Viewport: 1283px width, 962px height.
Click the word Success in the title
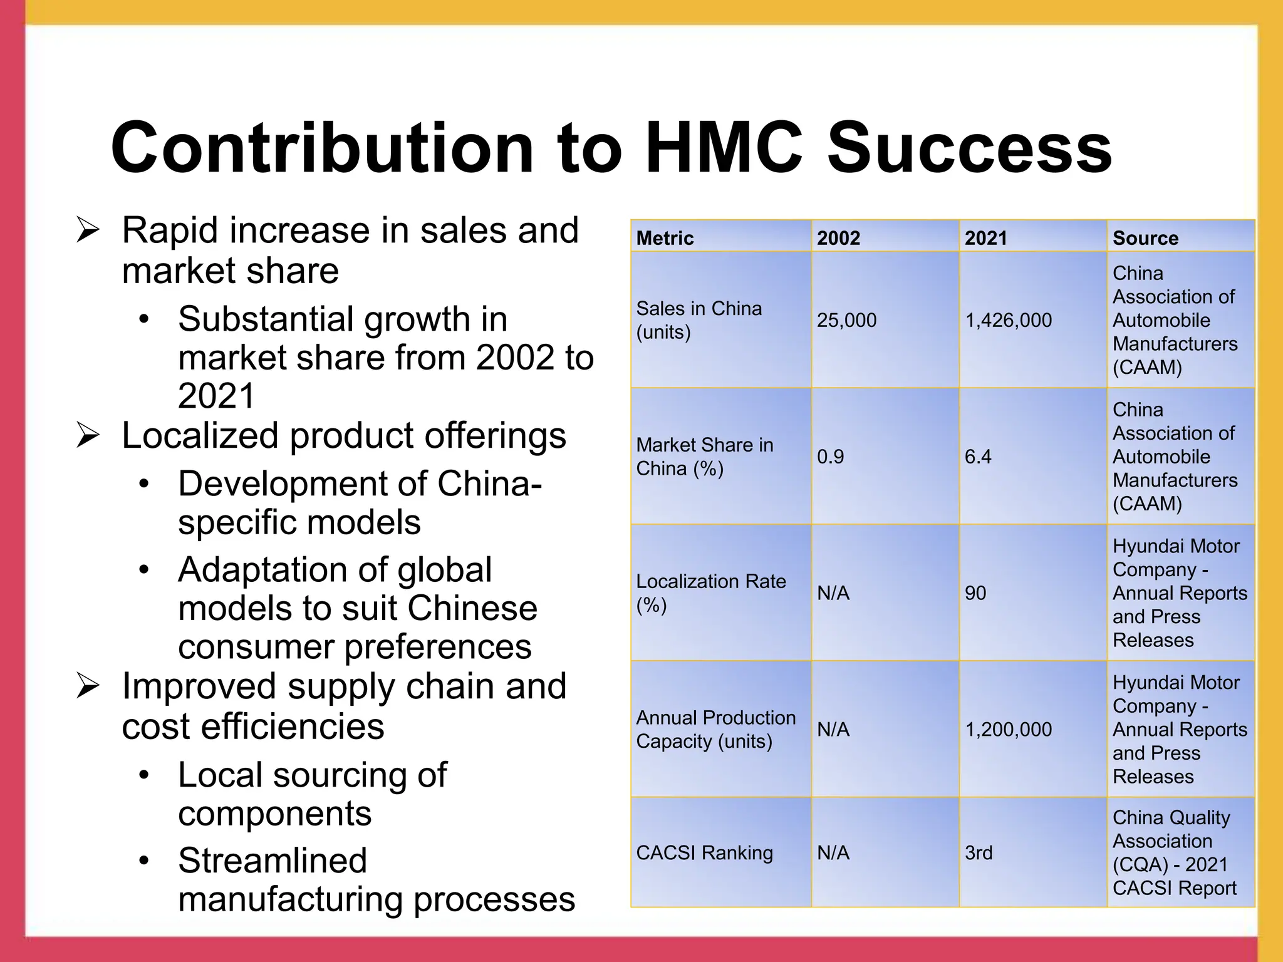[x=969, y=148]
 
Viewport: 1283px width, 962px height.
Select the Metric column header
[x=665, y=238]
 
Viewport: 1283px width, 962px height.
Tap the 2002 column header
[x=838, y=238]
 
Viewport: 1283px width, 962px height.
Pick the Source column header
[x=1145, y=238]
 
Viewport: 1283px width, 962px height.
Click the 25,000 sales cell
[x=846, y=320]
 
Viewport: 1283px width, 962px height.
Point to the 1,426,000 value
[x=1008, y=320]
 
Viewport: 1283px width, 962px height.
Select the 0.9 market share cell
[x=830, y=457]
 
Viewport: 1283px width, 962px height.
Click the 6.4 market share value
[x=978, y=457]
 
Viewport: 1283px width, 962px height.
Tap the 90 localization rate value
[x=975, y=592]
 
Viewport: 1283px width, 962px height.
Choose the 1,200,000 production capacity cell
[x=1008, y=729]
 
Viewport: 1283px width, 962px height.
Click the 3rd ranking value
[x=979, y=852]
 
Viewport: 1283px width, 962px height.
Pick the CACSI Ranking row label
[x=704, y=852]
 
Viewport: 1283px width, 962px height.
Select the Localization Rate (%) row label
[x=710, y=592]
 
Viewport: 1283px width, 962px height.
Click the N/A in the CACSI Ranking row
[x=833, y=852]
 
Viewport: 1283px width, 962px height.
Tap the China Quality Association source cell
[x=1174, y=852]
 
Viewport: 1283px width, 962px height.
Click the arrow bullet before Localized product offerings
[x=88, y=435]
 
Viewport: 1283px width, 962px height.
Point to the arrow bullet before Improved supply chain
[x=88, y=686]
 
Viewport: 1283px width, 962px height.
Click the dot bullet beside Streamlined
[x=144, y=861]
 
